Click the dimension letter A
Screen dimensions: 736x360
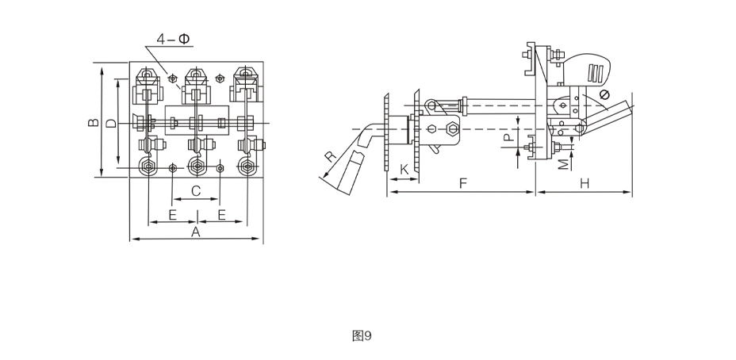click(196, 232)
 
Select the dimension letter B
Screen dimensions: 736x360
click(94, 122)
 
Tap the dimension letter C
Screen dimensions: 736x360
click(196, 190)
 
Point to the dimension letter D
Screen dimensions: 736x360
click(111, 124)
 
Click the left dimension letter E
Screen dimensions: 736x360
click(173, 215)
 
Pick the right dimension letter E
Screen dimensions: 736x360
click(222, 215)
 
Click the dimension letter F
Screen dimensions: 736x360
click(463, 183)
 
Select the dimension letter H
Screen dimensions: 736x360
click(585, 183)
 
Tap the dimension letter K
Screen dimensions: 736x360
click(404, 170)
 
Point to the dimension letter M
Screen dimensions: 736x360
click(564, 163)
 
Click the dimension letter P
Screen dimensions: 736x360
click(508, 137)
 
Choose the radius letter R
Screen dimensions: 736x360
click(332, 156)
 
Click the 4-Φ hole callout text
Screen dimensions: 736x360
click(173, 39)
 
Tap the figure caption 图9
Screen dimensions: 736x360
click(362, 335)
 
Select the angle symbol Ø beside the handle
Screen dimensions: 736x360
click(604, 95)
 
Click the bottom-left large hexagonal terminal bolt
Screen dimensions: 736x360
click(148, 167)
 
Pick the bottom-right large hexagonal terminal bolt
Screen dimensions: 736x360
click(247, 167)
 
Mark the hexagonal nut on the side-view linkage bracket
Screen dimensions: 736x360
click(452, 128)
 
